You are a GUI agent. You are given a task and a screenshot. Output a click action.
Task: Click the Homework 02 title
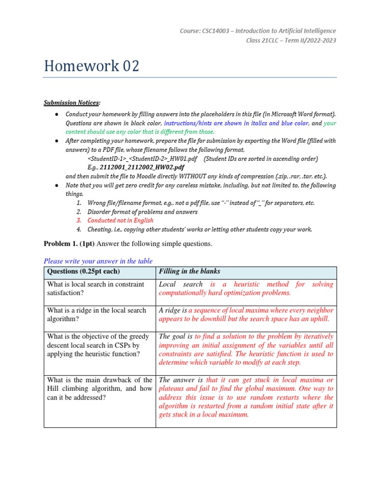pos(92,66)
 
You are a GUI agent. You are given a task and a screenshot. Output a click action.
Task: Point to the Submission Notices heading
pos(72,103)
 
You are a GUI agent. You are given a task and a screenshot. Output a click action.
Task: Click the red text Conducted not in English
pos(120,220)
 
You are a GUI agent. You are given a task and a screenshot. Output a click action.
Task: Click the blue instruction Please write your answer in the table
pos(98,261)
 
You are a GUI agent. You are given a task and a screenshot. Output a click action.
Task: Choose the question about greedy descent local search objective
pos(99,345)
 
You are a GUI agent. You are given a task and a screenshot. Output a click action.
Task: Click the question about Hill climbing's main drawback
pos(99,388)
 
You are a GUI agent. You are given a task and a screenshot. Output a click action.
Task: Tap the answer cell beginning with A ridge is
pos(246,314)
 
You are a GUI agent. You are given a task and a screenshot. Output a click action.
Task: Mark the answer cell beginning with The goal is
pos(246,349)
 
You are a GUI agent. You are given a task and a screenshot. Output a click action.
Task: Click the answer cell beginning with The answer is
pos(246,397)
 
